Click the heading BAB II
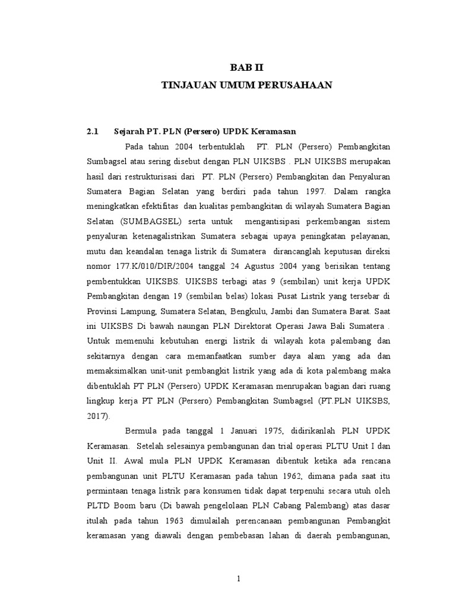click(x=246, y=68)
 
